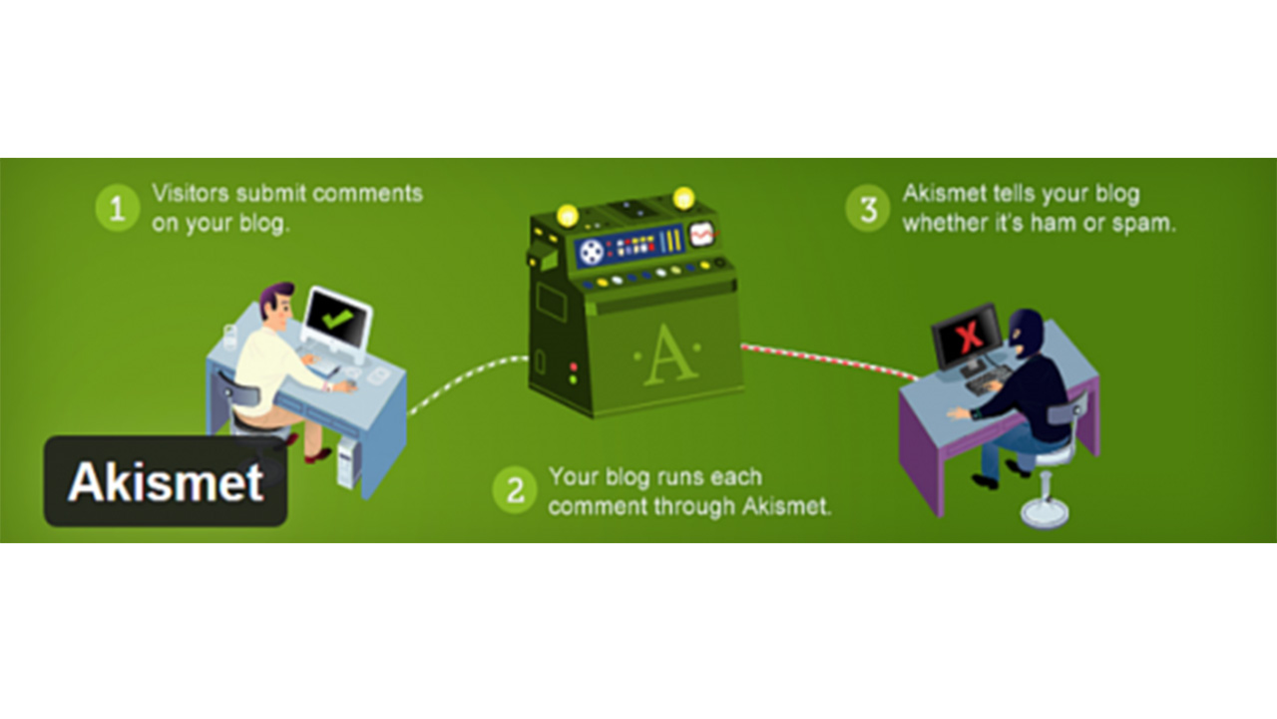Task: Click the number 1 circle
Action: [x=117, y=210]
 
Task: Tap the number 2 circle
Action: [x=515, y=491]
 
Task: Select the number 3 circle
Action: [x=868, y=210]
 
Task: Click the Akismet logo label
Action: [x=166, y=482]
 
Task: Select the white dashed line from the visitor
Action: [x=467, y=376]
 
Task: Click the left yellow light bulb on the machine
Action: [x=567, y=214]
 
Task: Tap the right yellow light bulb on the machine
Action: [x=683, y=198]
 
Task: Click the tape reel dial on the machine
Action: [x=590, y=250]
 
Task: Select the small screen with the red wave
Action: [x=704, y=235]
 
